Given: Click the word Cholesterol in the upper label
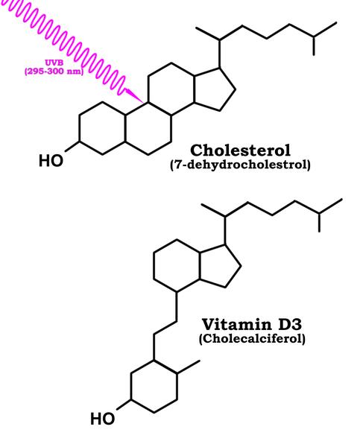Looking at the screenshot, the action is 240,150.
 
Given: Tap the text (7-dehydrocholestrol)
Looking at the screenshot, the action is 240,165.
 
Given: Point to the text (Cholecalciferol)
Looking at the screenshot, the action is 252,339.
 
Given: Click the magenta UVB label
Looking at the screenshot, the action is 54,63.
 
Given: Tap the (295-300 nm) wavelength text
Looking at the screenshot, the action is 54,71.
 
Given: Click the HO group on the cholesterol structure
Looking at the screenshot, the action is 51,160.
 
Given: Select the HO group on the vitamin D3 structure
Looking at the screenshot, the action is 102,419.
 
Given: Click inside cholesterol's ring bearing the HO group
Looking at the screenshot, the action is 102,128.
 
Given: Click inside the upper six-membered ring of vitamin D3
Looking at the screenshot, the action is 177,266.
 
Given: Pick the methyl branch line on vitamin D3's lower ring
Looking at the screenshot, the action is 189,367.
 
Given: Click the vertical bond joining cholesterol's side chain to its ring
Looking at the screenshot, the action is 219,54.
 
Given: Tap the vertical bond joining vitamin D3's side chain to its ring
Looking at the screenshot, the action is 225,230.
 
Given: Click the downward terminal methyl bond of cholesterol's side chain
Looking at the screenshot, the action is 314,45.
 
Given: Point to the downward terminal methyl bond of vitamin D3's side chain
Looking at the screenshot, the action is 319,222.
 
